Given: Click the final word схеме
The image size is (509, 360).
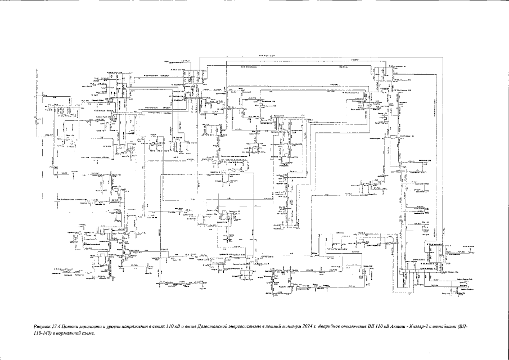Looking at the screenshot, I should [94, 333].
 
